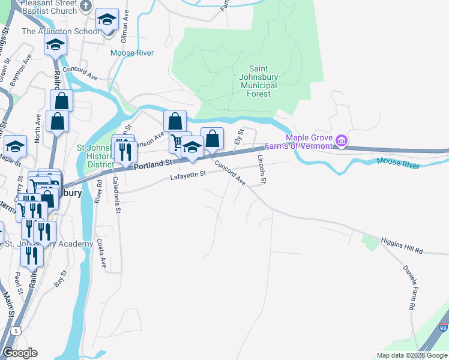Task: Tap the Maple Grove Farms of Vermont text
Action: click(309, 142)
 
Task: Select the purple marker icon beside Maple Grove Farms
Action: click(342, 142)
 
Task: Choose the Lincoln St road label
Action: click(262, 169)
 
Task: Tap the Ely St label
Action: click(240, 136)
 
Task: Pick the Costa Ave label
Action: click(101, 254)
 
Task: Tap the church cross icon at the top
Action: click(86, 7)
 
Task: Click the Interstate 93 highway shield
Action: click(442, 328)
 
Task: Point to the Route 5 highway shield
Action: click(16, 331)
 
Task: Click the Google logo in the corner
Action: click(19, 353)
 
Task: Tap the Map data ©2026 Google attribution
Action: click(411, 355)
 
